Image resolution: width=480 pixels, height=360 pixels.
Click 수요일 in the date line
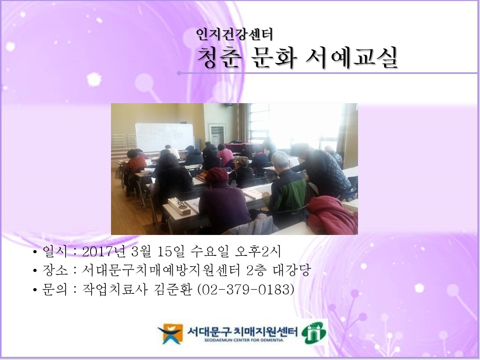(x=205, y=252)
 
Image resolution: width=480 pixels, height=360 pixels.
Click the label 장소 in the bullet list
(x=54, y=270)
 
